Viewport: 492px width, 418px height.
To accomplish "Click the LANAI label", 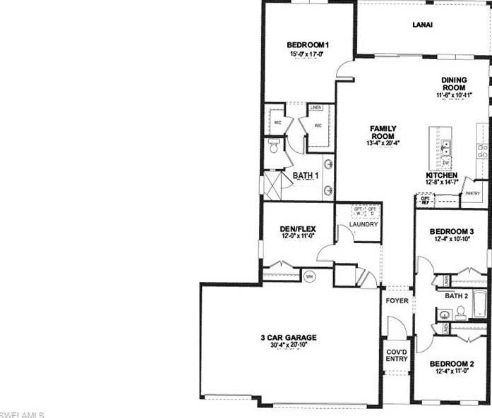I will (422, 25).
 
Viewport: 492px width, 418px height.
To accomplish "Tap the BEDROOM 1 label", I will (308, 45).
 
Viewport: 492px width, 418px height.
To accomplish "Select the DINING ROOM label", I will (453, 84).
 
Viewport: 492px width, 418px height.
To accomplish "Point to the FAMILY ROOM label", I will (383, 132).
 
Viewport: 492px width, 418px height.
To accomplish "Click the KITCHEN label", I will (442, 175).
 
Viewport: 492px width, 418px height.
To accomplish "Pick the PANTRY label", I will (472, 193).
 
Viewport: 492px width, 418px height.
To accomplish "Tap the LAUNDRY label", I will (364, 225).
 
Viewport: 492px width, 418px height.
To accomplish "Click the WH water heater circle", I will (308, 277).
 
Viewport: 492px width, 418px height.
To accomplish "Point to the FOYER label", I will (397, 301).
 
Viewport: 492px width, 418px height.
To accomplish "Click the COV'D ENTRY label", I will (397, 355).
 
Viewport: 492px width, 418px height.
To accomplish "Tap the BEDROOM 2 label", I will (452, 364).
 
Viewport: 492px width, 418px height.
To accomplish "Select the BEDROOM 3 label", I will (451, 231).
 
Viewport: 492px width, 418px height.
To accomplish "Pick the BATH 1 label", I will (306, 175).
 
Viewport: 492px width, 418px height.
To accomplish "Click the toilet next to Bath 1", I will (272, 147).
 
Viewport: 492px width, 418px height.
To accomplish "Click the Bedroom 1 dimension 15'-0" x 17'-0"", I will (308, 54).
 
